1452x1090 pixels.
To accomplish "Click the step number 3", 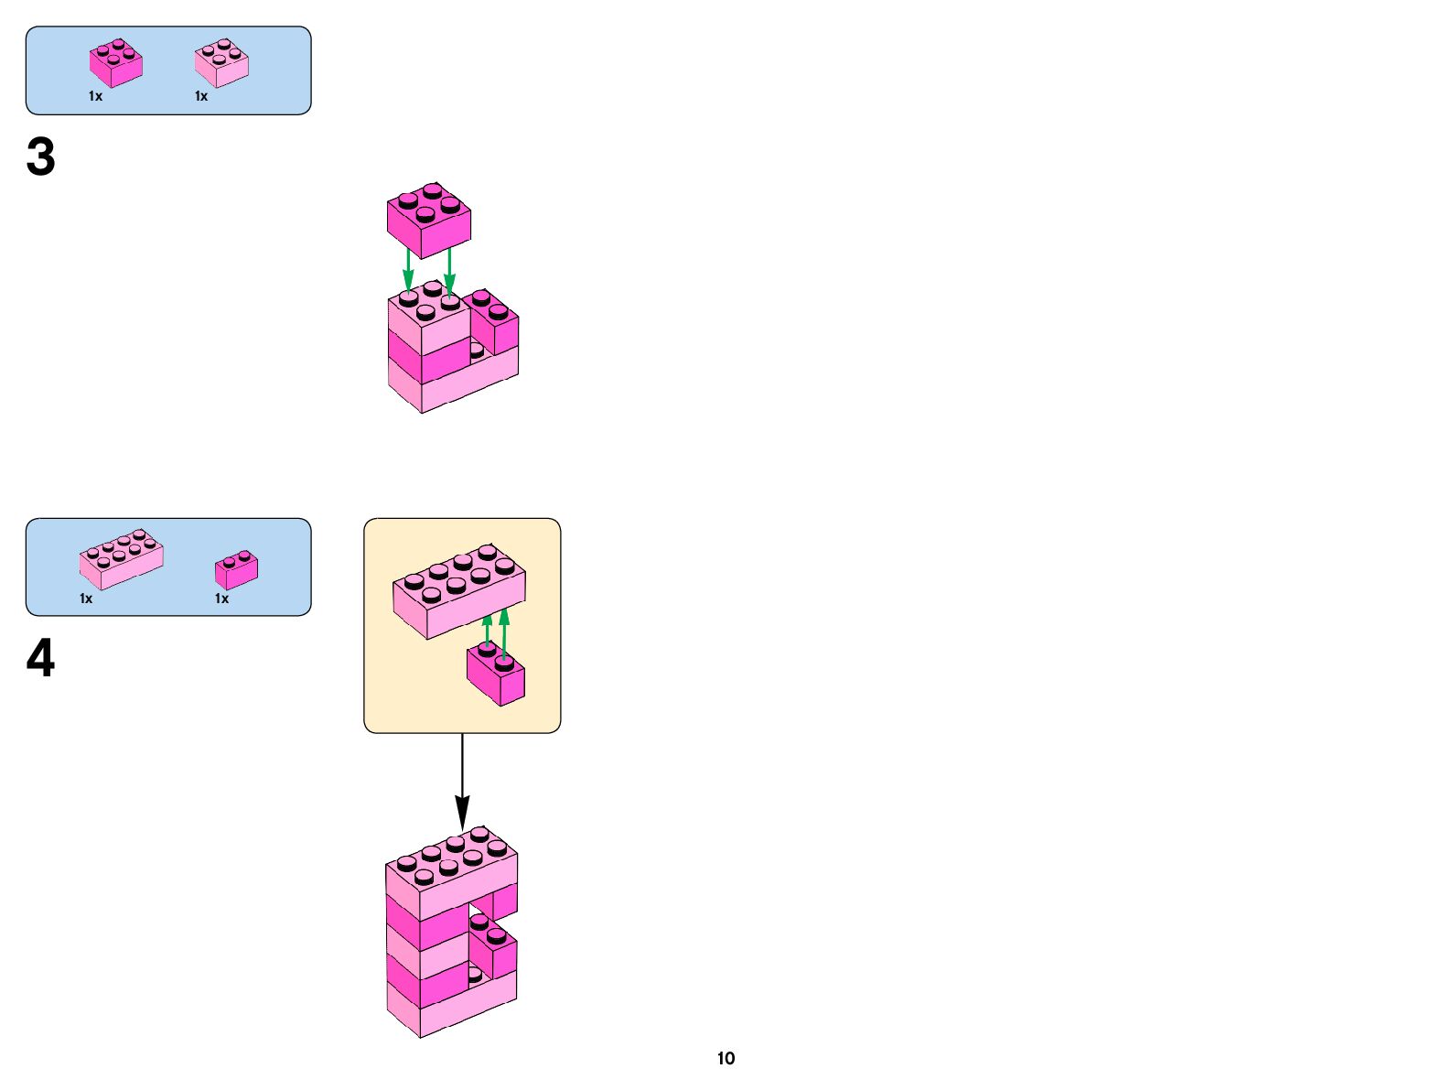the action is point(41,157).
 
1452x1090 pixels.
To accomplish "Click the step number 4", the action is point(41,659).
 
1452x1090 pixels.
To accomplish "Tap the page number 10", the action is point(726,1059).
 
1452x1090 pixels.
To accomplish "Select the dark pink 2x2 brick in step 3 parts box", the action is point(116,63).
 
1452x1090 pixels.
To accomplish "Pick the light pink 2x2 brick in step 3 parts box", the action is point(221,63).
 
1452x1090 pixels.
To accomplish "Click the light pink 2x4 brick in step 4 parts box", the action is point(121,558).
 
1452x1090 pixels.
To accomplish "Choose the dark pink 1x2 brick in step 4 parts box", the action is point(236,570).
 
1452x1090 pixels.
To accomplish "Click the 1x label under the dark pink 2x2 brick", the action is point(95,96).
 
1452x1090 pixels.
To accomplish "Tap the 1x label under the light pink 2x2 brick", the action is point(201,96).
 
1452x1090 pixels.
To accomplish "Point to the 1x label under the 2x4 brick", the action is point(86,599).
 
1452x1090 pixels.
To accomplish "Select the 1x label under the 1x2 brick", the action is point(221,599).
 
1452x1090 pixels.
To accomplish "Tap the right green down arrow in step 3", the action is point(448,270).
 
